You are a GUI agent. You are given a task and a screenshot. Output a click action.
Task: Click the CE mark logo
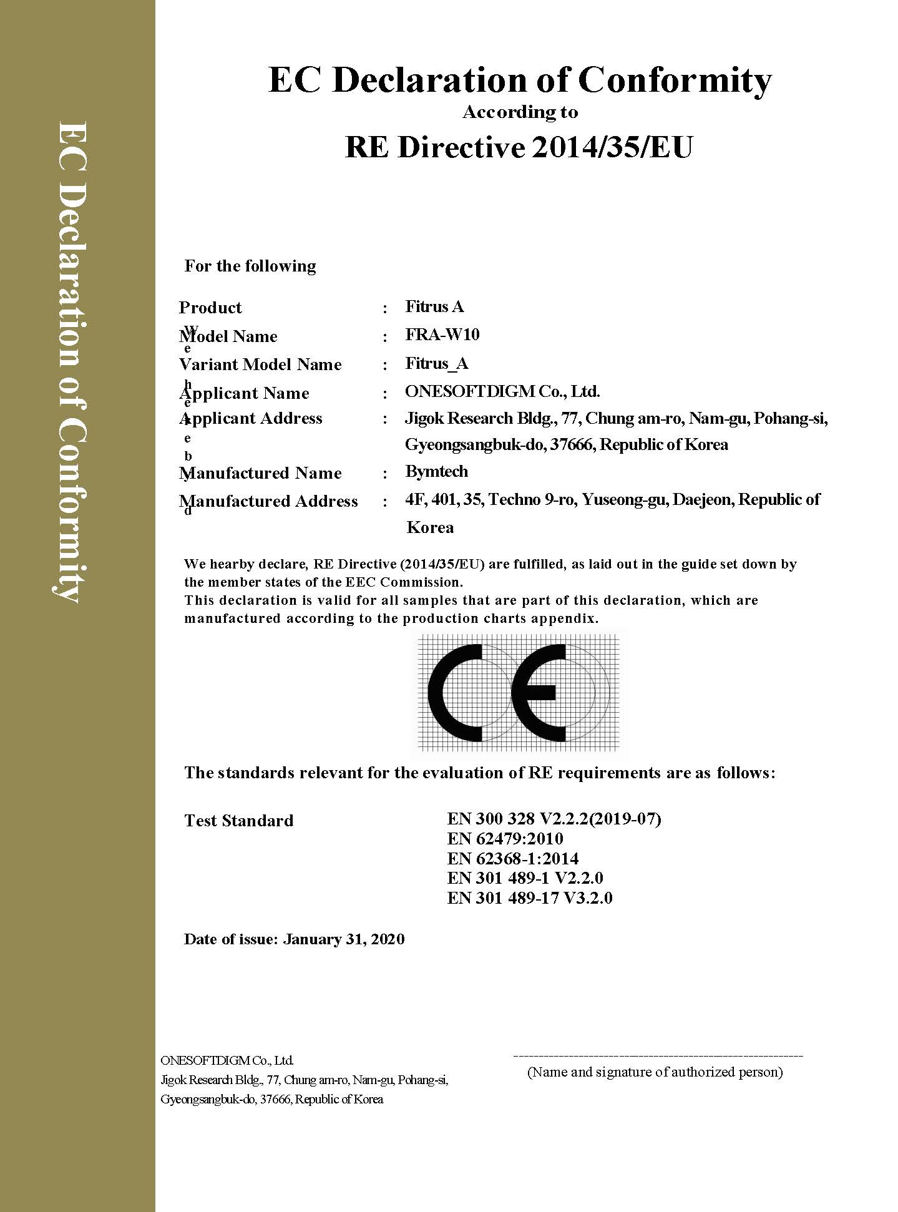point(518,693)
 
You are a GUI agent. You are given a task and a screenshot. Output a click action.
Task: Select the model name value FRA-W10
point(442,335)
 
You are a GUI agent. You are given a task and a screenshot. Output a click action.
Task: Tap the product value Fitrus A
point(434,306)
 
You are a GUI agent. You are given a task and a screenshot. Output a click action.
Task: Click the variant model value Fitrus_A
point(436,363)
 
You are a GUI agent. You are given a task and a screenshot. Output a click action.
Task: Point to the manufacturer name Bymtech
point(436,471)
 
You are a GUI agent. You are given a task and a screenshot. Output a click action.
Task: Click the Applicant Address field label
point(251,418)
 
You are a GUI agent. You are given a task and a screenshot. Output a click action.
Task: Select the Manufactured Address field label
point(268,501)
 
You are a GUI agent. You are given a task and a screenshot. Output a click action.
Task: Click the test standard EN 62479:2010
point(505,838)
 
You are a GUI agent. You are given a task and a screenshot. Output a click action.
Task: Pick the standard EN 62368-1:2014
point(512,858)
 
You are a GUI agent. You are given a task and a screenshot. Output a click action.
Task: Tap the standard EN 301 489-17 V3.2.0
point(529,898)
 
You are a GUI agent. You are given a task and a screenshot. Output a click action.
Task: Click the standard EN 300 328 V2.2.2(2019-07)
point(554,818)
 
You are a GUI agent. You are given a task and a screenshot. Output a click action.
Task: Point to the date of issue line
point(294,939)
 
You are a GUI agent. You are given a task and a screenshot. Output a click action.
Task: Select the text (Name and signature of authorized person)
point(655,1072)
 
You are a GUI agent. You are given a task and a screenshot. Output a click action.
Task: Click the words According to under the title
point(520,112)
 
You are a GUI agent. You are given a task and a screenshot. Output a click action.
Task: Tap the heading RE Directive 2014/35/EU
point(519,147)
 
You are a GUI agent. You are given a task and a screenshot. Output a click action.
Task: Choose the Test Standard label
point(238,820)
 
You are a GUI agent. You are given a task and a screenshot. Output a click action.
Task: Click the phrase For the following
point(250,266)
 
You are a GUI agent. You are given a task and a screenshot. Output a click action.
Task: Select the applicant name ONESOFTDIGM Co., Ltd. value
point(502,391)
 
